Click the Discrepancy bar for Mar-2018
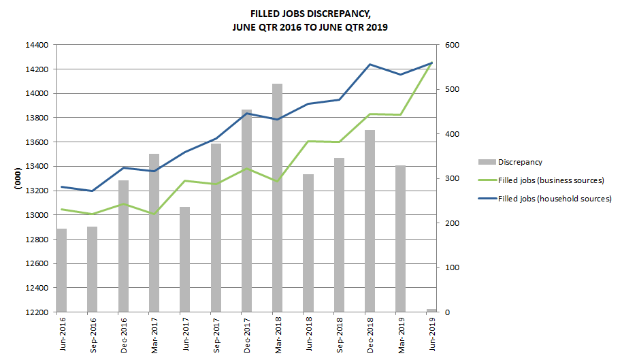click(x=278, y=197)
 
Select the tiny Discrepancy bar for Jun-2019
click(x=431, y=310)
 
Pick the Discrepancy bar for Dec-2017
click(x=246, y=211)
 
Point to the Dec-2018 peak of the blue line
click(x=370, y=65)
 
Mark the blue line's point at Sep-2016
click(x=93, y=191)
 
